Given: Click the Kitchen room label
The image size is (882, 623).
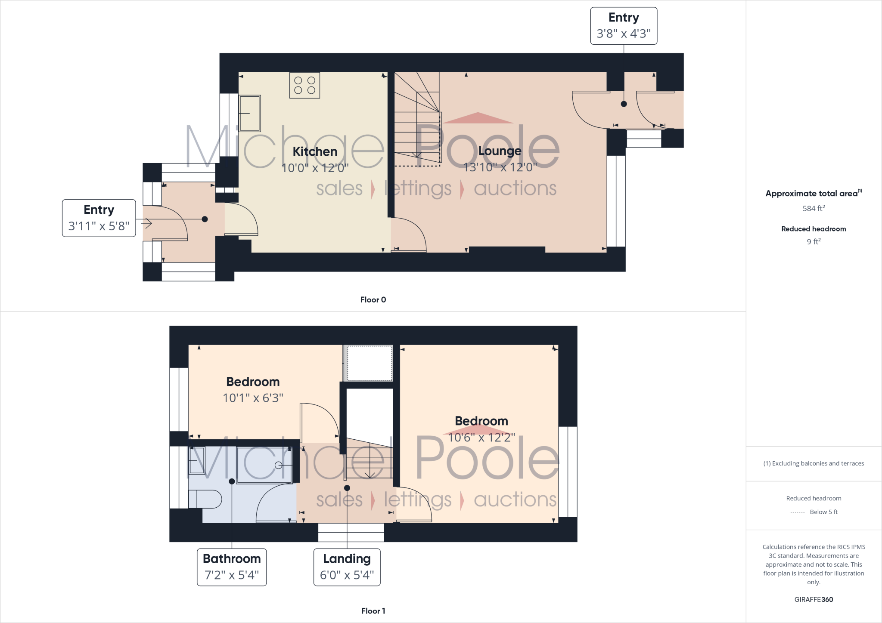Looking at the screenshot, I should coord(315,151).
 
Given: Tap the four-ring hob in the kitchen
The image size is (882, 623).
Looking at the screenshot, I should coord(304,85).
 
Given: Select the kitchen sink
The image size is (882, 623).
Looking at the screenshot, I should coord(250,113).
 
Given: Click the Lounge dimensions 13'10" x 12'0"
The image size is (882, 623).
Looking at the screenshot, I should coord(500,167).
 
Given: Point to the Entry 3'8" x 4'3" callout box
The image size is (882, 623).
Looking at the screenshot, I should coord(623,26).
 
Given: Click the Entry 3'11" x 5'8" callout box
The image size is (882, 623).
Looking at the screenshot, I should coord(99,218).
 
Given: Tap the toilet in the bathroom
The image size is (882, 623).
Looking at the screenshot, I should coord(206,500).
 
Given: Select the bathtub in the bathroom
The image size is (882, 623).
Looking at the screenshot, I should coord(264,465).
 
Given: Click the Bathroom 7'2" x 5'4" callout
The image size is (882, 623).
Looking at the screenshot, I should coord(232,567).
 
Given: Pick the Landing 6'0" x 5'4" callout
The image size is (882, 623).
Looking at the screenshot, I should coord(347,567).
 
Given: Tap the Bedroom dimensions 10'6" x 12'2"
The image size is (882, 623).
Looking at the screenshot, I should coord(481,438).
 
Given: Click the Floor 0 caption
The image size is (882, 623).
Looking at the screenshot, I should coord(373,300).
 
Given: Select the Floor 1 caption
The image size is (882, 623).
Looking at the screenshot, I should coord(373,611).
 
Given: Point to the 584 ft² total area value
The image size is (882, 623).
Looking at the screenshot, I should coord(814,208).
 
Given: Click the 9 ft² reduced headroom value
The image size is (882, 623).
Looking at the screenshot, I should coord(814,241).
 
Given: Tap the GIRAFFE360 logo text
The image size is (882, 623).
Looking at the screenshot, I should coord(814,599).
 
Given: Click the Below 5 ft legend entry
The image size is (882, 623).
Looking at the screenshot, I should coord(823,512).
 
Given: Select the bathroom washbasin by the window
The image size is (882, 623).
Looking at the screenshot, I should coord(197,461).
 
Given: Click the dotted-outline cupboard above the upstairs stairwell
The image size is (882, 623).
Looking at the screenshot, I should coord(370,363).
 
